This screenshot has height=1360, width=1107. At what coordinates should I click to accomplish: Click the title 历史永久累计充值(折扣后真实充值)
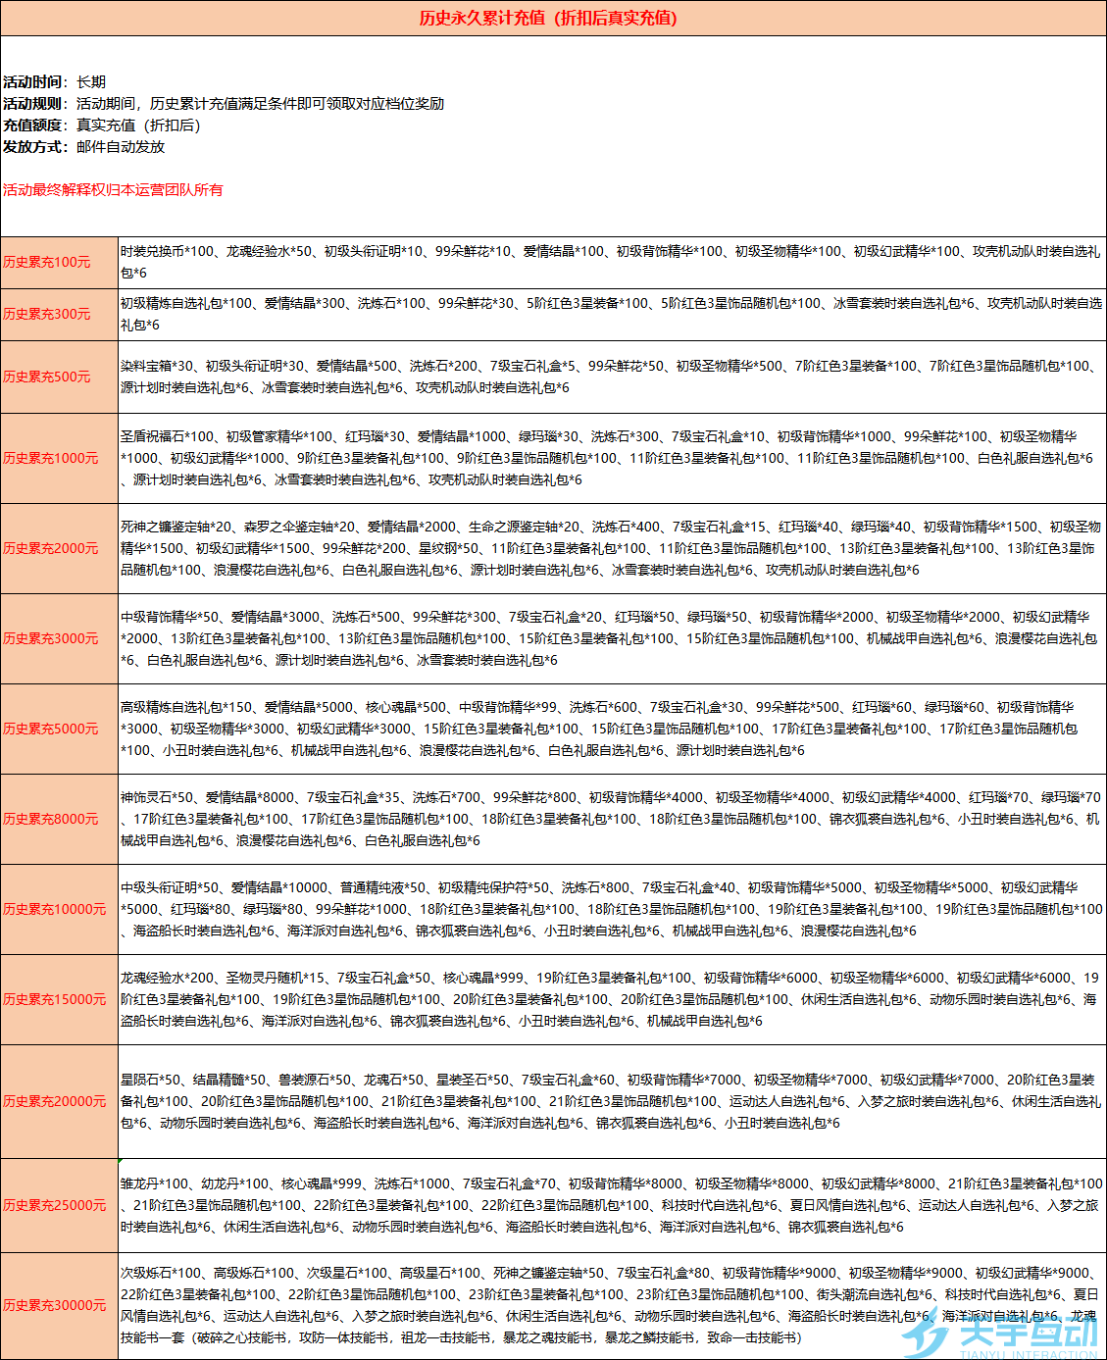point(548,18)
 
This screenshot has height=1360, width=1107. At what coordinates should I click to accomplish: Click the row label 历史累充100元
point(47,262)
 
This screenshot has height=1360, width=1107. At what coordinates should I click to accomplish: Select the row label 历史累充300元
point(47,314)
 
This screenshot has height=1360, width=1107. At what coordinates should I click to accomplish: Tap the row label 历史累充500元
point(47,377)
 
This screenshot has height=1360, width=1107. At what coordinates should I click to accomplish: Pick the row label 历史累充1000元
point(51,458)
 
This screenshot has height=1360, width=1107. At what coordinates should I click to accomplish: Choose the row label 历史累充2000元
point(51,548)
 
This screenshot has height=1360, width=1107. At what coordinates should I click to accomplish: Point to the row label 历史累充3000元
point(51,638)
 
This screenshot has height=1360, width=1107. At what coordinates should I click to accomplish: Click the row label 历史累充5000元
point(51,729)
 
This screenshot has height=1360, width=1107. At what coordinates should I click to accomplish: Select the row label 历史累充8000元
point(51,819)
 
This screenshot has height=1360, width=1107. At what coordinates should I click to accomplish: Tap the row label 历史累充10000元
point(55,909)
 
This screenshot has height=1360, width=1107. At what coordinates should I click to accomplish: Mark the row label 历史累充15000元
point(55,999)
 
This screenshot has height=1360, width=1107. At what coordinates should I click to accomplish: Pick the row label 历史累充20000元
point(55,1101)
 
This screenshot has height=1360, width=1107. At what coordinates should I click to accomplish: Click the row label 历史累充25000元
point(55,1205)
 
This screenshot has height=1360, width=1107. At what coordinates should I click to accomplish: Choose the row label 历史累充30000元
point(55,1305)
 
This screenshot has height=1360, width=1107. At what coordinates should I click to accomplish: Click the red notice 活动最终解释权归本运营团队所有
point(113,189)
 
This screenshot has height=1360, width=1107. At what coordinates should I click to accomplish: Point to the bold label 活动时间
point(34,82)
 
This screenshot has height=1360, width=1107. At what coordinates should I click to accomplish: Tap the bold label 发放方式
point(34,147)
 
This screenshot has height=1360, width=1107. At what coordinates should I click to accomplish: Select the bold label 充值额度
point(34,126)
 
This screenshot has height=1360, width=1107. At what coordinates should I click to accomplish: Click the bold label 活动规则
point(34,104)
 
